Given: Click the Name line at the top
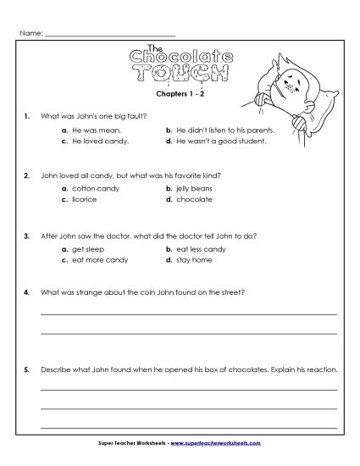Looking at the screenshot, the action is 109,35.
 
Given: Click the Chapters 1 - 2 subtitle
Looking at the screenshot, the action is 180,97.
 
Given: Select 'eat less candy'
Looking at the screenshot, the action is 201,250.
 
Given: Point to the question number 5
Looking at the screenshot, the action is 28,369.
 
